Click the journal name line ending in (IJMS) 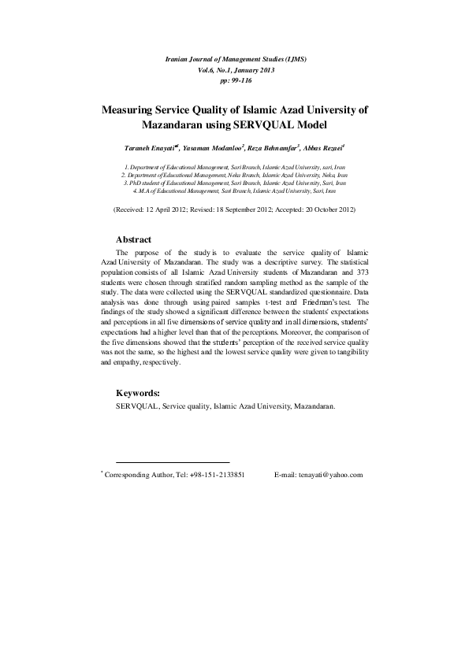tap(234, 60)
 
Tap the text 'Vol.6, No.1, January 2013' tap(234, 70)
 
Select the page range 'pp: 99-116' tap(234, 80)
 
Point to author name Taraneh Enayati tap(151, 147)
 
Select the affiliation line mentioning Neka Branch tap(234, 176)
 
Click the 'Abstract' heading tap(133, 239)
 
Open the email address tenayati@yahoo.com tap(330, 475)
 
